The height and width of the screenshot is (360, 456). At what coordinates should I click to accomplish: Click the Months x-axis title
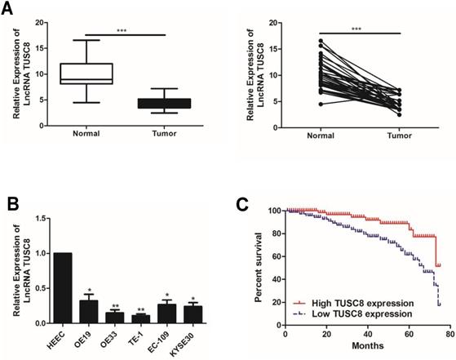(365, 345)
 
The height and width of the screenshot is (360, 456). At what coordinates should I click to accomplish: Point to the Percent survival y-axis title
(259, 266)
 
